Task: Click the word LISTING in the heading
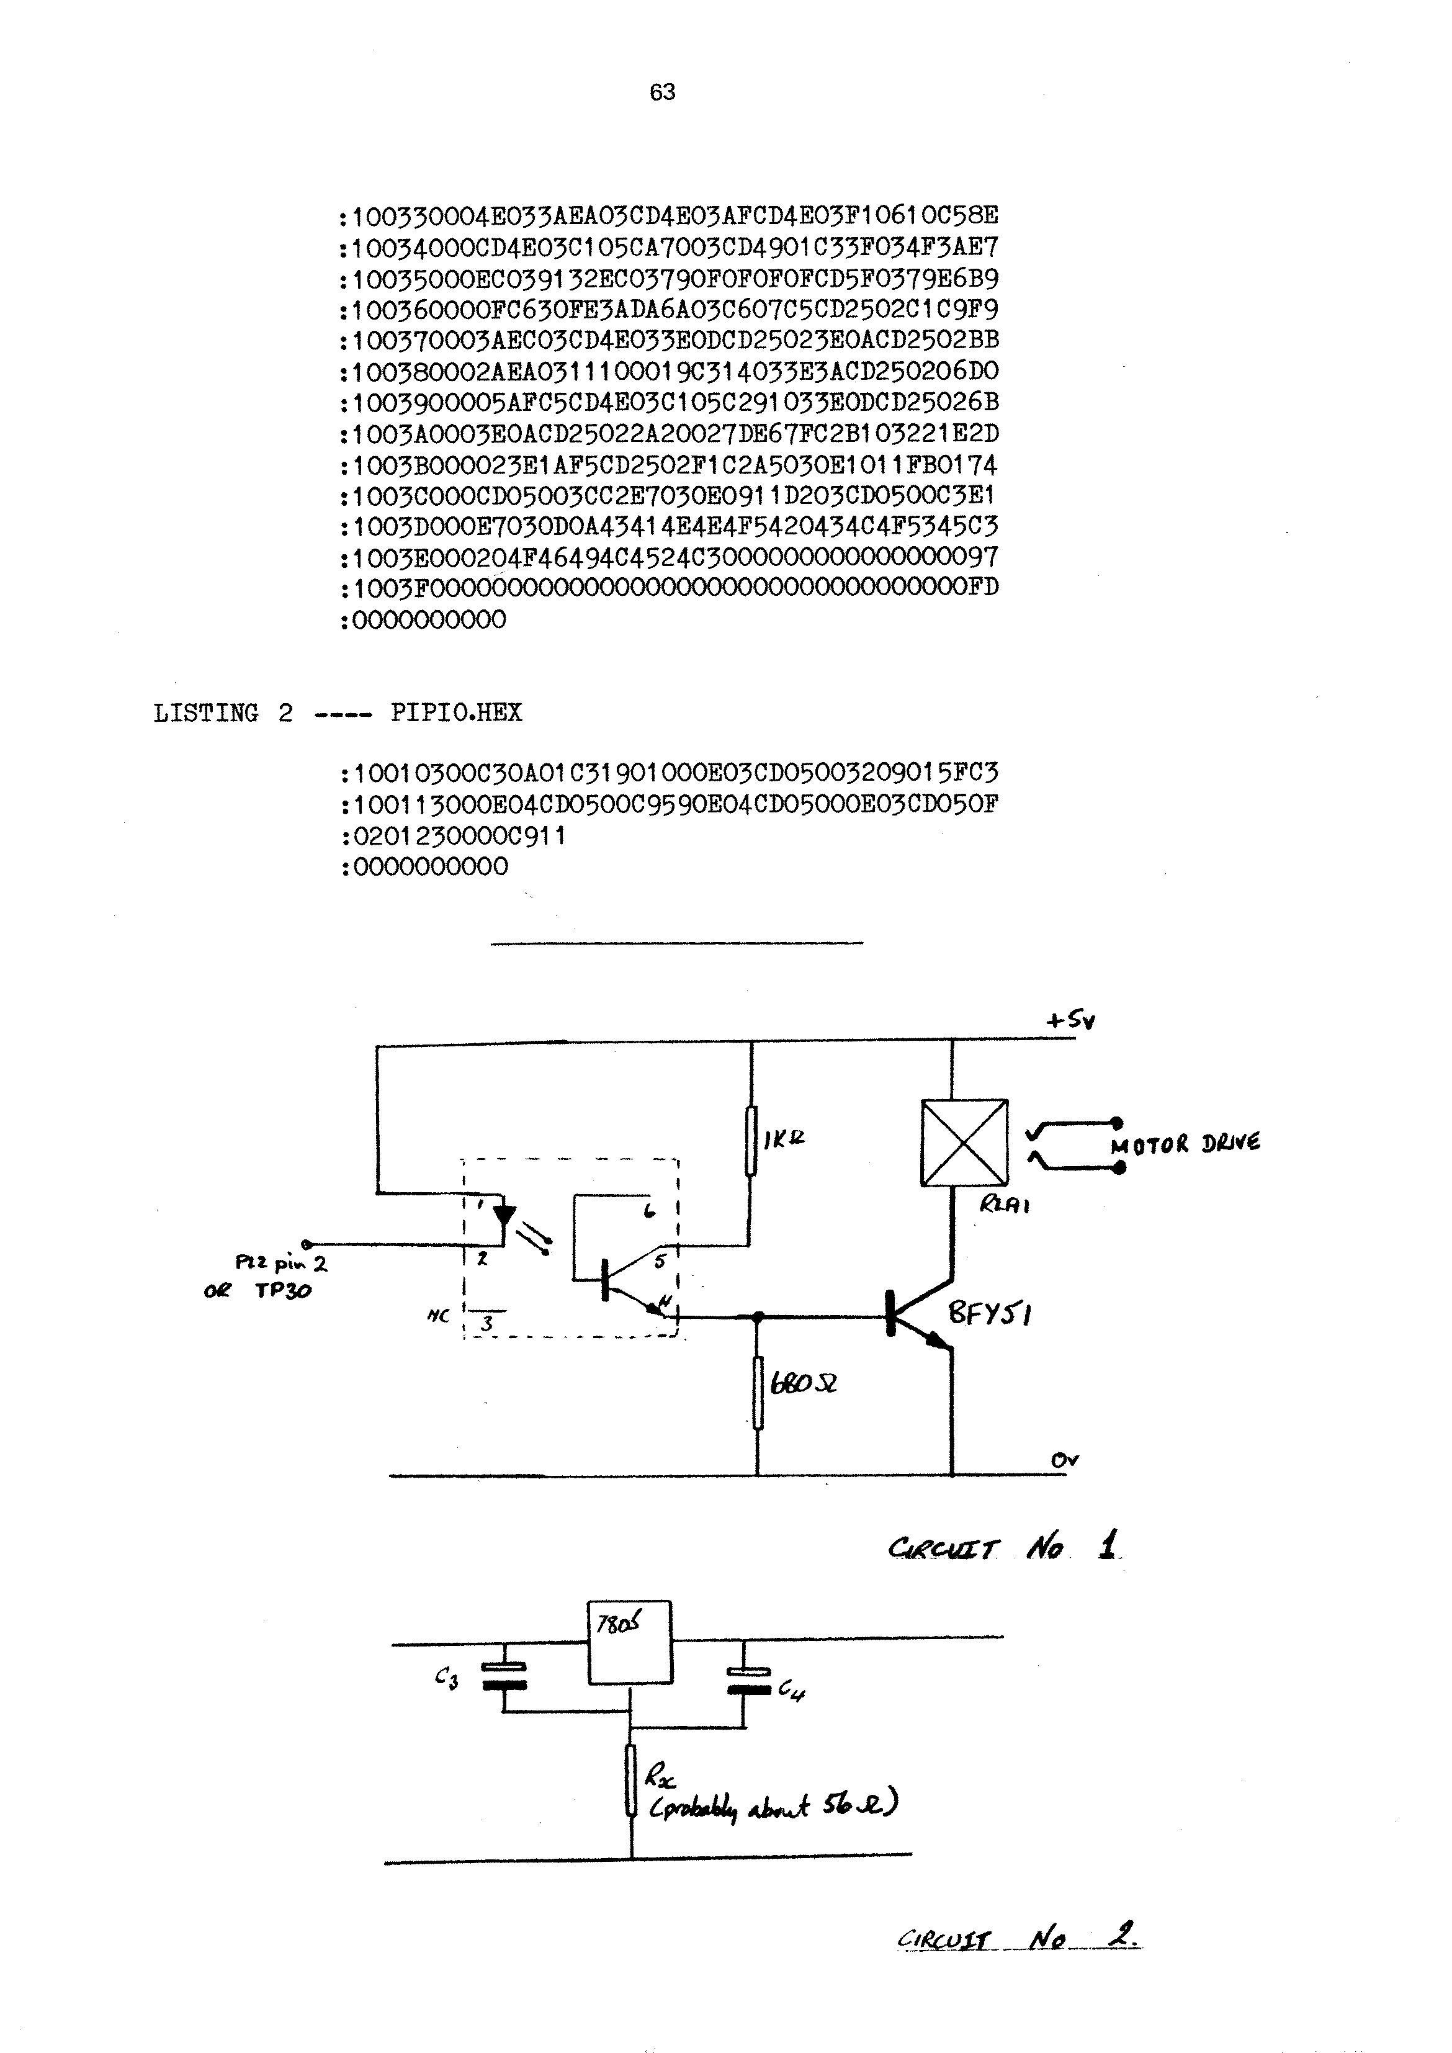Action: [205, 714]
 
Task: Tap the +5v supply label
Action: [1070, 1020]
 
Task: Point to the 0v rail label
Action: [1064, 1460]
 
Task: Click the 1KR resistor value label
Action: [784, 1138]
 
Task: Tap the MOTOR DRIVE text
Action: [1185, 1144]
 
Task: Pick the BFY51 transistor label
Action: [990, 1314]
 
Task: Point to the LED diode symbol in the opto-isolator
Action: [505, 1215]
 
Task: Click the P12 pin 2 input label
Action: [280, 1264]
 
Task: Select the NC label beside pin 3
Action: [438, 1316]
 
